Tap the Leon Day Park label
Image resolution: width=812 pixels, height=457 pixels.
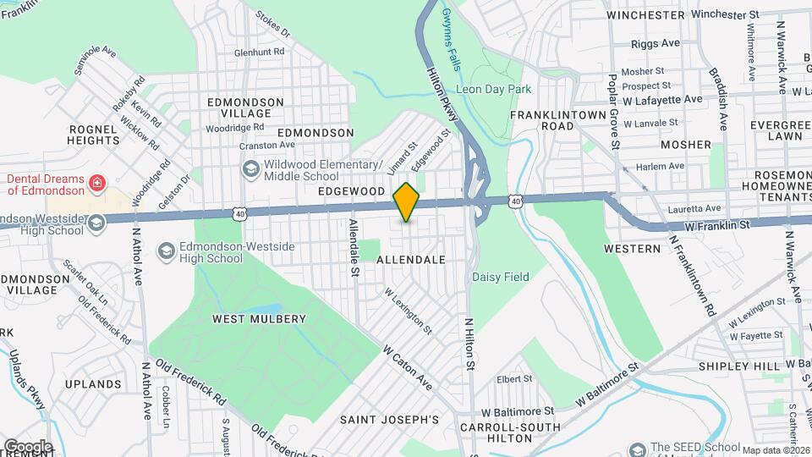(x=492, y=88)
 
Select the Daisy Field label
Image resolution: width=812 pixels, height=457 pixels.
(x=500, y=277)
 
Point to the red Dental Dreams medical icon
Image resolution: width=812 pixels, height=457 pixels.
(x=98, y=182)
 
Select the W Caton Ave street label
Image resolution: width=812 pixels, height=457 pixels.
(x=407, y=367)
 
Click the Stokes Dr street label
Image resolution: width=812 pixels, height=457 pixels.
(x=273, y=25)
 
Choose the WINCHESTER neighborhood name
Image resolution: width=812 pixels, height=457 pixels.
(x=645, y=15)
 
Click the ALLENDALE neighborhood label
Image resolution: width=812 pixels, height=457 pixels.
(x=410, y=260)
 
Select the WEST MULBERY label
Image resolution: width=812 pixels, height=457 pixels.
(x=259, y=319)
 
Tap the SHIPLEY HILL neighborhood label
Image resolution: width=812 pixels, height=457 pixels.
(x=738, y=366)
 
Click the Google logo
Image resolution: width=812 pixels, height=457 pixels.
(x=28, y=446)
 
